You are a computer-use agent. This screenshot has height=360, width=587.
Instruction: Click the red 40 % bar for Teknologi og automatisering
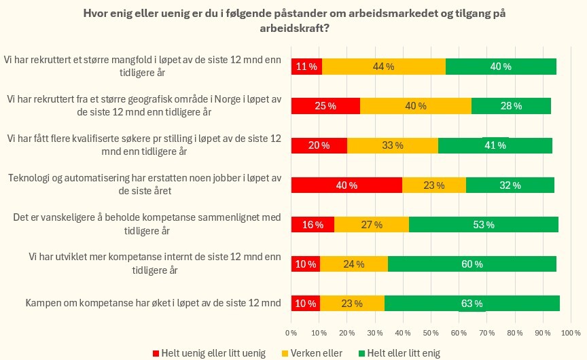[x=346, y=185]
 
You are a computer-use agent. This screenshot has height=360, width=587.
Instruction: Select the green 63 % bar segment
[x=472, y=304]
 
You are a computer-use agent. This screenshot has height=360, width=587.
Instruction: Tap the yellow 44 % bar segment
[x=383, y=67]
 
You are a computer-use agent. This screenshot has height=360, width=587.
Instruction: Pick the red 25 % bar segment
[x=325, y=106]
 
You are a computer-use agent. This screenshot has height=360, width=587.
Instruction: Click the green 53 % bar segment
[x=483, y=225]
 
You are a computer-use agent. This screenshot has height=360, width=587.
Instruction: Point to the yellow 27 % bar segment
[x=372, y=225]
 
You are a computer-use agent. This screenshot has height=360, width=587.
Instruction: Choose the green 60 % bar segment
[x=472, y=264]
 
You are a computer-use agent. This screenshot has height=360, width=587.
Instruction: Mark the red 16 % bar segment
[x=313, y=225]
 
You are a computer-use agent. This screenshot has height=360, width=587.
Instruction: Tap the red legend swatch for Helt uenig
[x=156, y=353]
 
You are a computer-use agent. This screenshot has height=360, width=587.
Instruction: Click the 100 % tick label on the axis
[x=571, y=333]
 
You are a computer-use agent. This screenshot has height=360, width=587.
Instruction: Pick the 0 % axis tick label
[x=291, y=333]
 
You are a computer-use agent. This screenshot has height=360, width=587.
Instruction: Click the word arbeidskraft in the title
[x=293, y=29]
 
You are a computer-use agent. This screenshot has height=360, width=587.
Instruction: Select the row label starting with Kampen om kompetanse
[x=153, y=304]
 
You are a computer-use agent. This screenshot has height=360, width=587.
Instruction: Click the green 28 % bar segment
[x=511, y=106]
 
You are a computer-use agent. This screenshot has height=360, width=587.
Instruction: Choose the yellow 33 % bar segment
[x=393, y=145]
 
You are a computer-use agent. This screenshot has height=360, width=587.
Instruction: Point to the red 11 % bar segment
[x=306, y=67]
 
